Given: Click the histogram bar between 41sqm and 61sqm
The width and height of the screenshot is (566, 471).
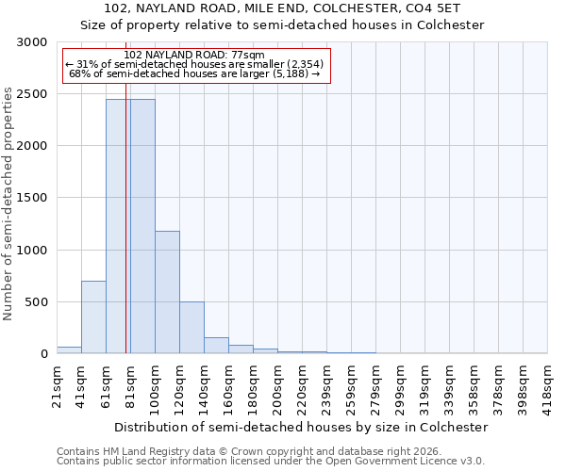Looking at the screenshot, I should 93,317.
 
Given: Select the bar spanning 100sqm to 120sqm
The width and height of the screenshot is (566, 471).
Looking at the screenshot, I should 167,292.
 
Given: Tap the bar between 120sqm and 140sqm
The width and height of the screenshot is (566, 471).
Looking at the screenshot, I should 191,327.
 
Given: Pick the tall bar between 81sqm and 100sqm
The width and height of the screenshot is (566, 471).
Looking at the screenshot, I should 142,226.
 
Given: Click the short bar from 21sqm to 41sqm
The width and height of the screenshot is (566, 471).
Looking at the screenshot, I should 69,349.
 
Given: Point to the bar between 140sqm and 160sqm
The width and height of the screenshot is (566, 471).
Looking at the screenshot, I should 216,345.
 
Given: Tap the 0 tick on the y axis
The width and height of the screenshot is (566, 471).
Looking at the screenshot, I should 43,354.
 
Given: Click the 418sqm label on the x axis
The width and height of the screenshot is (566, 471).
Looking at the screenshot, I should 548,384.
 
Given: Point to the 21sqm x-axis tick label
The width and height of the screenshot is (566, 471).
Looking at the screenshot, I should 58,384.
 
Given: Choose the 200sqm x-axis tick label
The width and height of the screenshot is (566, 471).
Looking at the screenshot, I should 278,384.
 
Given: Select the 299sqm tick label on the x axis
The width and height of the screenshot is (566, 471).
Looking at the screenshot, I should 401,384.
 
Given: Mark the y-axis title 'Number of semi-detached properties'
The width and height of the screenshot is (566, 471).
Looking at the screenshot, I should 8,203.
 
